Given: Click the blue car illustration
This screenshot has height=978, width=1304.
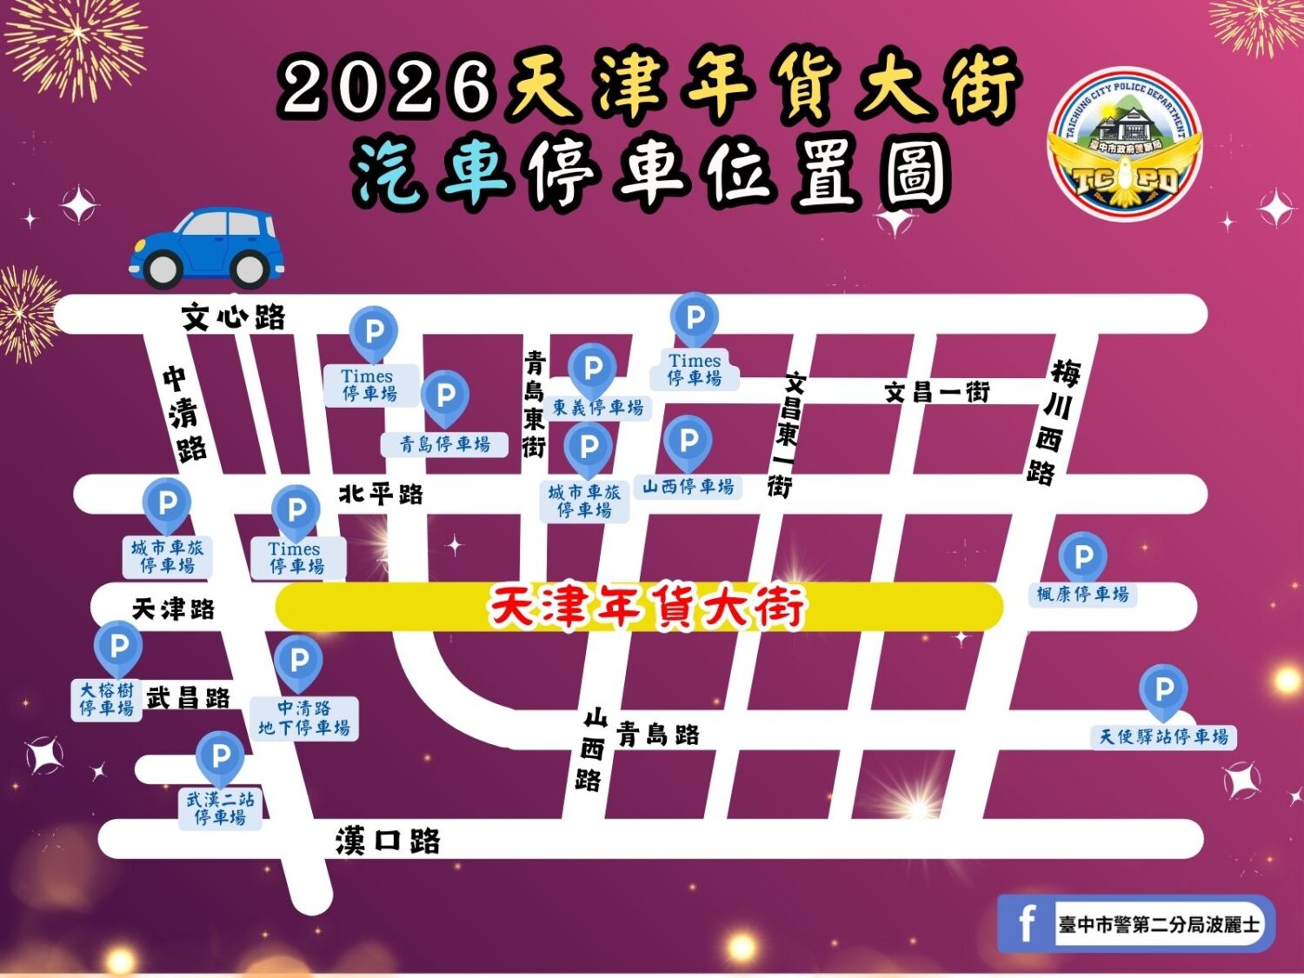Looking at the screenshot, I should coord(207,248).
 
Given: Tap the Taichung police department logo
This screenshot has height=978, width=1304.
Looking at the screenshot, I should coord(1125,143).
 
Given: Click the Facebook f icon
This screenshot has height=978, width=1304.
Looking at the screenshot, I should coord(1027,923).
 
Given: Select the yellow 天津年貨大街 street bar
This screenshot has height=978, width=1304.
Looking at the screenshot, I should coord(639,607).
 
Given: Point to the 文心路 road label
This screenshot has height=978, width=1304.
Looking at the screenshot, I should coord(233,316).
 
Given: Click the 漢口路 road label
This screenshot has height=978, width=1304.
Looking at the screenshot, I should coord(388,841).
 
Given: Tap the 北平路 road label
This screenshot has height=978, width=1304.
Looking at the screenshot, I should coord(381,494).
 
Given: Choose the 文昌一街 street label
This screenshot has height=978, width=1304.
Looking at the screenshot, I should coord(937,392).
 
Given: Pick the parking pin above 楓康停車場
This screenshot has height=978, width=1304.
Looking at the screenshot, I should coord(1083,556).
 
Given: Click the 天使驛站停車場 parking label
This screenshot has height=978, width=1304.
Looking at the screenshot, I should coord(1163,736).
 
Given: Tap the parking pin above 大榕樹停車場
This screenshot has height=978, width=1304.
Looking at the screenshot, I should coord(118,646).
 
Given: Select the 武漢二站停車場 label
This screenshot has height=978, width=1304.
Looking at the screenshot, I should coord(220,808).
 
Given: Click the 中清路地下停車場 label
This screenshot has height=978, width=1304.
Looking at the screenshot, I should coord(304,718).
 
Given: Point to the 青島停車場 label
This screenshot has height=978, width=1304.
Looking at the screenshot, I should coord(444,444).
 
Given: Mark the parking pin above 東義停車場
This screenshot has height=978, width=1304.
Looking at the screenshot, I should coord(593,369).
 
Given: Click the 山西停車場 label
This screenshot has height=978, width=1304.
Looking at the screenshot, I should coord(688,487).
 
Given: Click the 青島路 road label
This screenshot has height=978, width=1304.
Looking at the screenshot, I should coord(658,735).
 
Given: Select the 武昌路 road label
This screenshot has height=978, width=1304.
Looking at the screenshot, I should coord(188,697).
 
